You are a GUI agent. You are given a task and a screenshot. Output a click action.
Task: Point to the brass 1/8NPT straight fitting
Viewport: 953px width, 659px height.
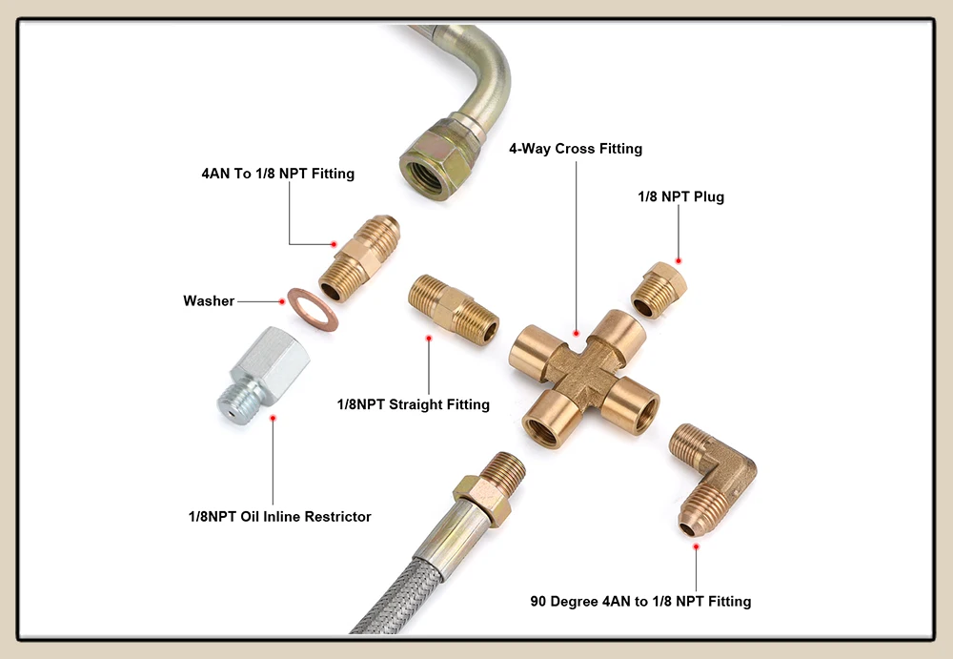point(453,306)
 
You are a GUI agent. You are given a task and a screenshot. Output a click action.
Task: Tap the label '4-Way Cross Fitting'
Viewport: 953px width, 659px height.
point(576,149)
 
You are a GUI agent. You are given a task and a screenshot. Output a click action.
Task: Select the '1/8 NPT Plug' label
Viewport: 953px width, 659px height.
point(680,196)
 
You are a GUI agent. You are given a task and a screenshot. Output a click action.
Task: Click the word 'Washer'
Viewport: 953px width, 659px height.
point(209,301)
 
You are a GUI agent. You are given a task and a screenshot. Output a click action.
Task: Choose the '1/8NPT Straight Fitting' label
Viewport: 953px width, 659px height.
point(413,404)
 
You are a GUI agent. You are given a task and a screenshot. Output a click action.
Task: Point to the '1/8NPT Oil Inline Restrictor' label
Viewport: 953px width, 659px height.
point(279,516)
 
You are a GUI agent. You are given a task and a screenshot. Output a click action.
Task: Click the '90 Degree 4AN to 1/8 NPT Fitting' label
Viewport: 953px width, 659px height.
point(640,601)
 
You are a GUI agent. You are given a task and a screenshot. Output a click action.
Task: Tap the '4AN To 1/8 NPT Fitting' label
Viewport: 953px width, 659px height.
point(277,174)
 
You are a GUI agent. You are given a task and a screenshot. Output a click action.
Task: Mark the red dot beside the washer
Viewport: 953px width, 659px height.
point(281,301)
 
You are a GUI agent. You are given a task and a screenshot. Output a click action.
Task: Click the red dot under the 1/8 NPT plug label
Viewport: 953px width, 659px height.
point(679,259)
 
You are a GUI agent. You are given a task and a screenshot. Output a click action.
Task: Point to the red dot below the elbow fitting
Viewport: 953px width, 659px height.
point(696,546)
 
